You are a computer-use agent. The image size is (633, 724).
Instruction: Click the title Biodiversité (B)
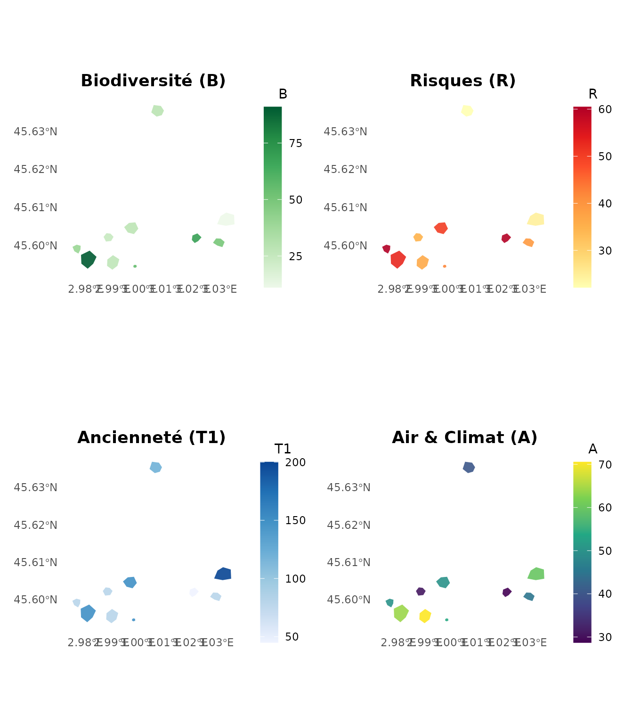153,81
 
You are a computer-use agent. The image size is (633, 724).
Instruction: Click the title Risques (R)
463,81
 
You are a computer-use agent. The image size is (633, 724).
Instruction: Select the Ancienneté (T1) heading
151,437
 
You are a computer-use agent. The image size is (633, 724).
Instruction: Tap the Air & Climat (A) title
464,437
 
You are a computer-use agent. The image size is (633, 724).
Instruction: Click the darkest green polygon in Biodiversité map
88,259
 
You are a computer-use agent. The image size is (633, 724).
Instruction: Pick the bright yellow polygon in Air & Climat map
425,616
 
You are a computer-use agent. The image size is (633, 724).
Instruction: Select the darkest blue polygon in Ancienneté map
223,574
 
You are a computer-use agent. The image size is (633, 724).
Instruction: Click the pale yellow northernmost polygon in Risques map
467,111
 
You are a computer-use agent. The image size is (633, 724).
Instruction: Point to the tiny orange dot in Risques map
445,266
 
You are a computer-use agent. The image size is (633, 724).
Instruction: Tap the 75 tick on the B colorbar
296,143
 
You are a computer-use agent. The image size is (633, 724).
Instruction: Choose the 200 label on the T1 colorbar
296,462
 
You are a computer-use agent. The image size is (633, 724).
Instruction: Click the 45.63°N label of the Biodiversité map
36,132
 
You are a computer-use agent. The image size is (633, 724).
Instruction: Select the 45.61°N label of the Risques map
345,207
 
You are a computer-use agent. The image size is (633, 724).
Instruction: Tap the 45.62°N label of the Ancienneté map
36,525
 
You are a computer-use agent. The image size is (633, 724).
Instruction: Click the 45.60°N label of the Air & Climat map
349,600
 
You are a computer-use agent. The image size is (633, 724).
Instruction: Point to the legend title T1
283,449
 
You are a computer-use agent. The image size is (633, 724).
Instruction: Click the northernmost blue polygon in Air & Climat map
469,467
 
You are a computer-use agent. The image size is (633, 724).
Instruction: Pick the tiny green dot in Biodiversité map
135,266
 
